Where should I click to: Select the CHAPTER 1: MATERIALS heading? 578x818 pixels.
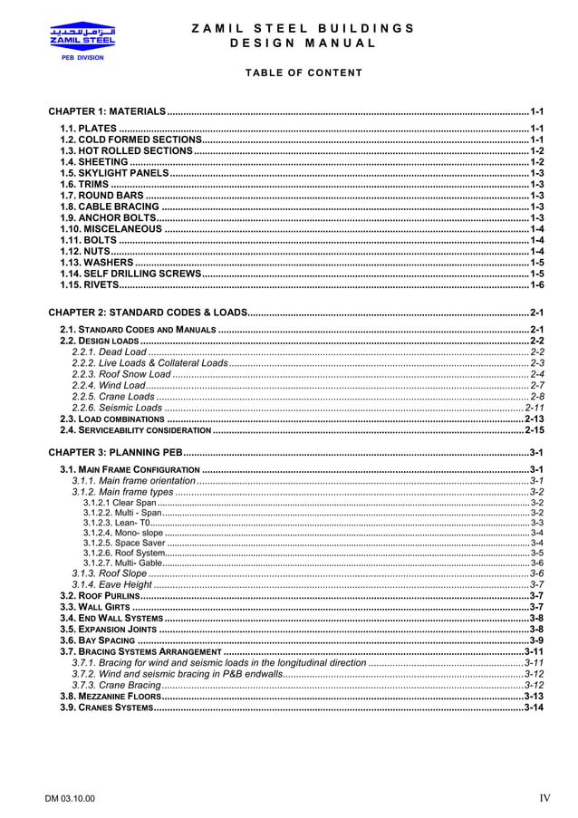(x=107, y=111)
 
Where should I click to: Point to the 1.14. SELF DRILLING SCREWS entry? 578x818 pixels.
(x=130, y=273)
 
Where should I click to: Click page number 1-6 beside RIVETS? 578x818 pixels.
(x=536, y=284)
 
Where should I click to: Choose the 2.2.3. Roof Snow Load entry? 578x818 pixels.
(x=121, y=373)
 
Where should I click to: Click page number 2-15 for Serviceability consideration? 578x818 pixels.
(x=534, y=430)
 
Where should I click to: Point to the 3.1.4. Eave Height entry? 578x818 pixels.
(x=112, y=584)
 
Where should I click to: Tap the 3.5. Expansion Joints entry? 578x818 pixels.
(x=102, y=629)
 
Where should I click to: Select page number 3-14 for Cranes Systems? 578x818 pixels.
(x=534, y=707)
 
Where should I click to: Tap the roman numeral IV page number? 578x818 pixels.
(x=544, y=798)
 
